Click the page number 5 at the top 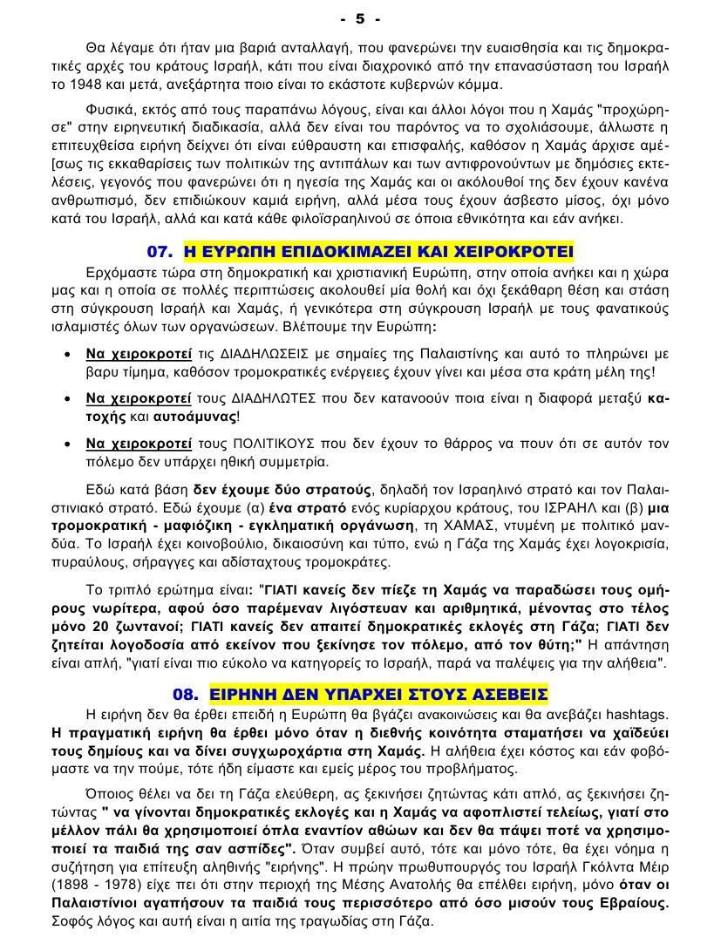tap(360, 17)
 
